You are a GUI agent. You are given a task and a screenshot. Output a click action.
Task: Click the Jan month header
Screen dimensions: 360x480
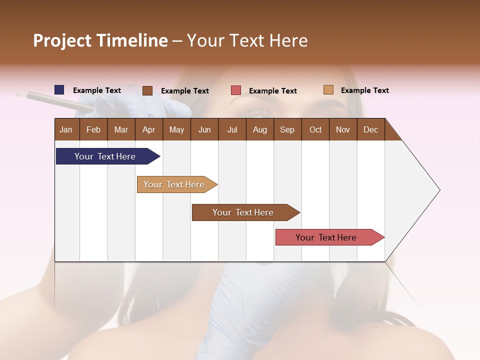tap(66, 130)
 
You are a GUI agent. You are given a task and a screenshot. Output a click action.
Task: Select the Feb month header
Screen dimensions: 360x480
tap(93, 130)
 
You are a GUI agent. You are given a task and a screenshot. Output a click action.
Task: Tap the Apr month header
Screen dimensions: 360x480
tap(148, 130)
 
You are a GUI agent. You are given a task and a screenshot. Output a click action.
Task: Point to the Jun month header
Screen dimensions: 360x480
tap(204, 130)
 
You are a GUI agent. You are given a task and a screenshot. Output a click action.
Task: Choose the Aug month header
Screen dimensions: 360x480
tap(259, 130)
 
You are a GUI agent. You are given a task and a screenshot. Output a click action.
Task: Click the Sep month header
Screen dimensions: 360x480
tap(287, 130)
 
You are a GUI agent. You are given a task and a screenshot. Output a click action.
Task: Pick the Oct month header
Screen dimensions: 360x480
tap(315, 130)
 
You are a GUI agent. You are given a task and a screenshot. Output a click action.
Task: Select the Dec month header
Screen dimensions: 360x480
tap(370, 130)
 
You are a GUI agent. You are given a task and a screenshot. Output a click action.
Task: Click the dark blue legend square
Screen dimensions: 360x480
tap(59, 90)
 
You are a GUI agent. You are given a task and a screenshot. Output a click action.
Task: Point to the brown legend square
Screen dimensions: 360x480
tap(147, 90)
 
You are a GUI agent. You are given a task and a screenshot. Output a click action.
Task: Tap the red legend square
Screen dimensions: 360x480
tap(236, 90)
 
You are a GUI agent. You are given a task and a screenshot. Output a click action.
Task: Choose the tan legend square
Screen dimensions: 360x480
tap(328, 90)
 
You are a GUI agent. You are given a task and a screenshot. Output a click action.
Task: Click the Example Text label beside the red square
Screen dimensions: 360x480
tap(272, 91)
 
